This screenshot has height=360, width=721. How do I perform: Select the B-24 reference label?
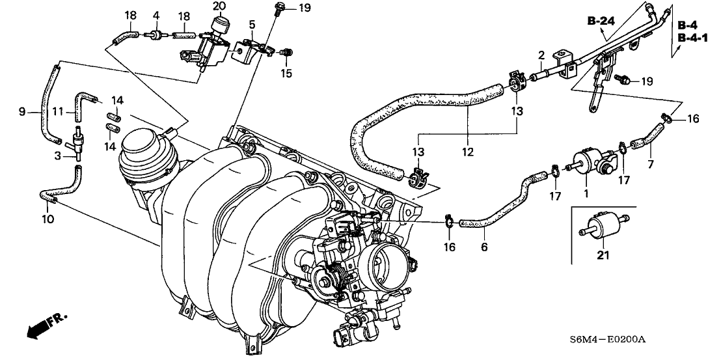(x=601, y=21)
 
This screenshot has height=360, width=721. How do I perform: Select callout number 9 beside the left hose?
(x=22, y=112)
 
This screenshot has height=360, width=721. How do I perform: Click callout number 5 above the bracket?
(x=251, y=25)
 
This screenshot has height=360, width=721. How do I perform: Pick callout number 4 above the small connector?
(x=156, y=15)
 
